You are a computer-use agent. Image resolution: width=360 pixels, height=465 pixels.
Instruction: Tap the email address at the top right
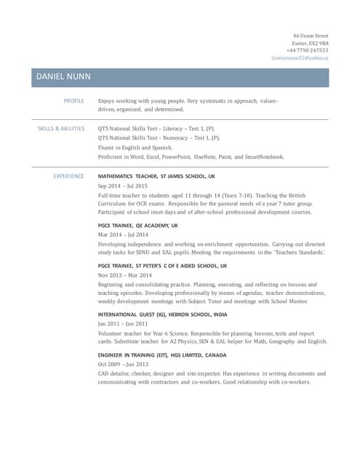click(300, 57)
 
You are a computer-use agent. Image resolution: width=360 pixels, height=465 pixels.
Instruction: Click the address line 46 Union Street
click(311, 36)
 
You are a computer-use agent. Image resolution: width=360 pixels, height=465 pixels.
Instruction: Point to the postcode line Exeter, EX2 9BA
click(310, 43)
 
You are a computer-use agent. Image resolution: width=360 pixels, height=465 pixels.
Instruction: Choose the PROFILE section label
click(73, 100)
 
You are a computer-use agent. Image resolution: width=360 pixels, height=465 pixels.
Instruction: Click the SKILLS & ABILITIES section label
click(61, 129)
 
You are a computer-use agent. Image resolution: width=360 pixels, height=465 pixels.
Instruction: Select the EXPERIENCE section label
click(69, 177)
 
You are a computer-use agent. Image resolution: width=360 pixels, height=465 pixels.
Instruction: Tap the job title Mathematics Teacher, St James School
click(156, 177)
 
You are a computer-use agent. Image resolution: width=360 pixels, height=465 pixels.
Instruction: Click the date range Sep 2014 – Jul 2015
click(122, 186)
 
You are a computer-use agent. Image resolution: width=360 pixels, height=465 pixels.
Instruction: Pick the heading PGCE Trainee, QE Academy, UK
click(137, 226)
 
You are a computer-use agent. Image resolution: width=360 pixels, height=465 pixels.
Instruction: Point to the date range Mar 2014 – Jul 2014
click(123, 235)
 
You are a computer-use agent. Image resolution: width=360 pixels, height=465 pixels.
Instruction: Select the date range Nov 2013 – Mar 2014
click(124, 275)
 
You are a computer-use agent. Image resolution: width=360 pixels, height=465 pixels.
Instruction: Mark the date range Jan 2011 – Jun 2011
click(122, 324)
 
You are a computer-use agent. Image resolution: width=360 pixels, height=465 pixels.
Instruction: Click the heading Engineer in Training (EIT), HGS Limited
click(162, 355)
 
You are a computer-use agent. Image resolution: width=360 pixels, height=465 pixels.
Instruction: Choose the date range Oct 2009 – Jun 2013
click(123, 365)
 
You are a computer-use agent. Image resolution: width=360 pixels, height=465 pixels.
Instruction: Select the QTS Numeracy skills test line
click(159, 138)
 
